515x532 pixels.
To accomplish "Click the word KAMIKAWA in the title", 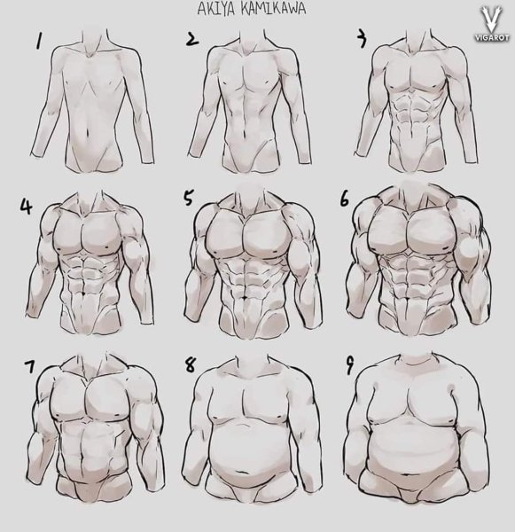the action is [273, 9].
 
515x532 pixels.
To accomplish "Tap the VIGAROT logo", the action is [491, 24].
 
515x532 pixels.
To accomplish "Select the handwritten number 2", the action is [192, 39].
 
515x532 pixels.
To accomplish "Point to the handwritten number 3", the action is [362, 39].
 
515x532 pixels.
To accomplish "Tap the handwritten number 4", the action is [27, 206].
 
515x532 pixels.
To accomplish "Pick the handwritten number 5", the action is [188, 198].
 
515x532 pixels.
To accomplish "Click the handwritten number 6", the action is [344, 199].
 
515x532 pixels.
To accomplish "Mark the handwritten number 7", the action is [29, 366].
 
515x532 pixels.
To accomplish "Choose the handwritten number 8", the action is [190, 364].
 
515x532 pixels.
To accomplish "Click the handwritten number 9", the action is [349, 366].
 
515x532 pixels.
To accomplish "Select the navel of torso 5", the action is [245, 298].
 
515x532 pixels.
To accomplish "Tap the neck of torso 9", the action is [416, 360].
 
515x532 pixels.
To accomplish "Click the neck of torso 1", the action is [95, 41].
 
